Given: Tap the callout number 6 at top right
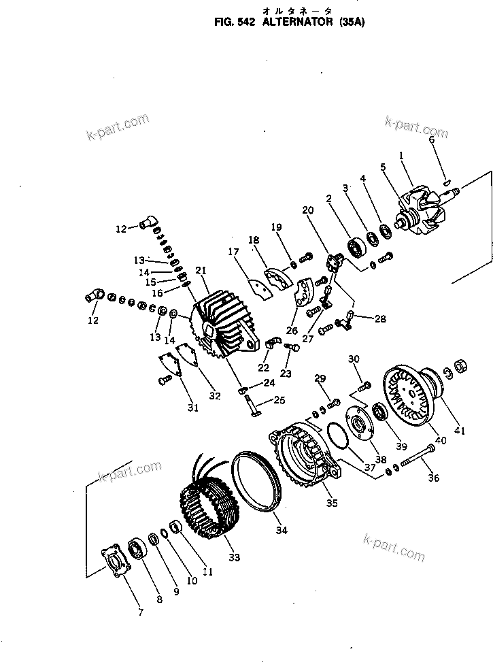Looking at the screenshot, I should point(431,139).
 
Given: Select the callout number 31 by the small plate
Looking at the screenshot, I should point(193,408).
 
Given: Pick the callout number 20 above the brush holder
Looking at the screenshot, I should point(307,210).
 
